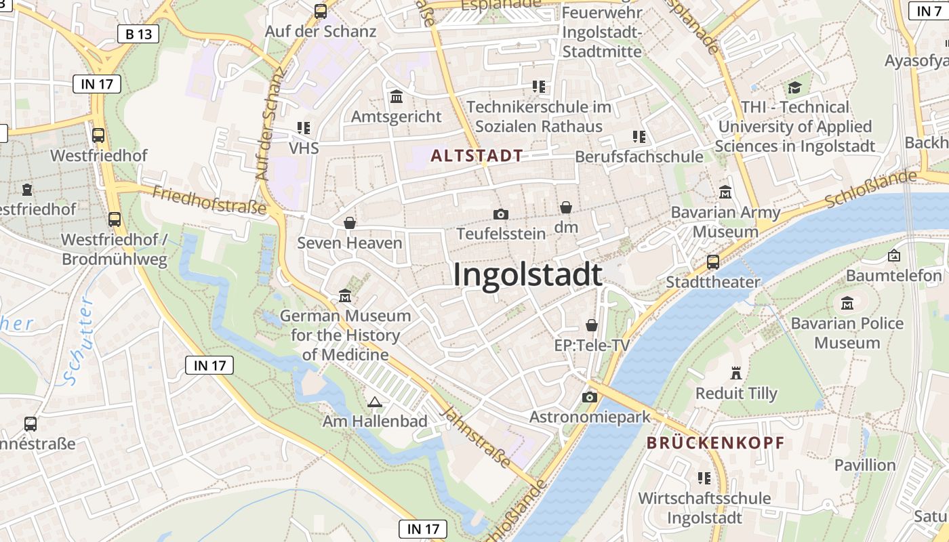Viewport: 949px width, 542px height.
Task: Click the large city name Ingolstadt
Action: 527,275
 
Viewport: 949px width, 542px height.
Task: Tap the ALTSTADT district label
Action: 477,156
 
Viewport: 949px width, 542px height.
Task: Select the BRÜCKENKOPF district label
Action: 715,444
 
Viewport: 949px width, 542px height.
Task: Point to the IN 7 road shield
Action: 928,11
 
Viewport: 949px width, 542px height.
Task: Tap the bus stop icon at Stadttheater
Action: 712,262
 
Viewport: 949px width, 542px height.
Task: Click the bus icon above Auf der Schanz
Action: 321,12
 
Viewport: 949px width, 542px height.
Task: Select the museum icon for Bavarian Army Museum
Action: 725,192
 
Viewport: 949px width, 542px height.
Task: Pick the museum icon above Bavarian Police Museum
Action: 847,304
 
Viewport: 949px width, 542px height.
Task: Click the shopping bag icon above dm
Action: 566,208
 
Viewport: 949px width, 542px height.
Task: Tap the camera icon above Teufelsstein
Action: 501,215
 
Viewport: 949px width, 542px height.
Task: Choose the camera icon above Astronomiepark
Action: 590,397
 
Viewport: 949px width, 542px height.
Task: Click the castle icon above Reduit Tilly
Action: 736,373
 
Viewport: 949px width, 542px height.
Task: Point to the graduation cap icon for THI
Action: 794,87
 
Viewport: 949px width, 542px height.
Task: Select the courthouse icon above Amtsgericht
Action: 397,97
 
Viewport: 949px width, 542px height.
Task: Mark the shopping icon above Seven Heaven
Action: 350,223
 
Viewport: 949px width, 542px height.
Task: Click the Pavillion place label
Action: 865,465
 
